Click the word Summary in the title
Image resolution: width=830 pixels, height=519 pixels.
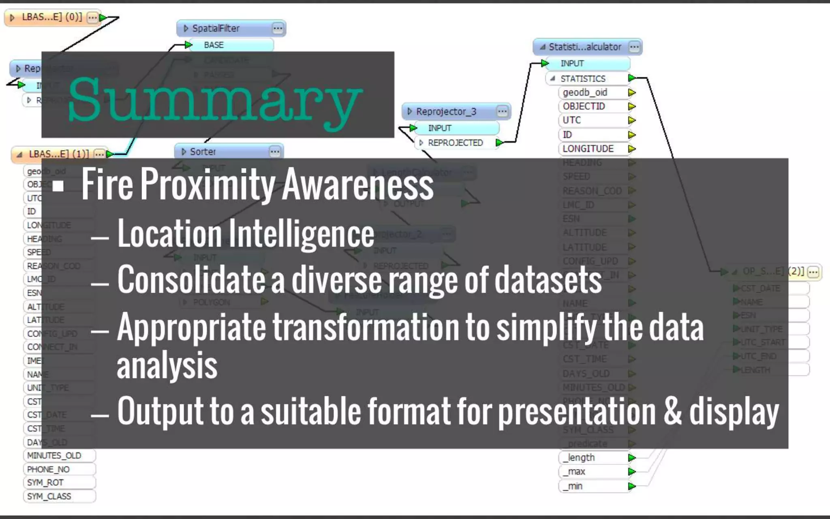[215, 99]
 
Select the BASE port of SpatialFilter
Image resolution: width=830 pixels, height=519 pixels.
[214, 45]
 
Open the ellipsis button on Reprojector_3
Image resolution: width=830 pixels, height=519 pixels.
[502, 112]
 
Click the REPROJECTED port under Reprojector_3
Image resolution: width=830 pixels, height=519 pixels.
[455, 143]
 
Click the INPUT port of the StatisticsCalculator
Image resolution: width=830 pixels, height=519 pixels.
[572, 63]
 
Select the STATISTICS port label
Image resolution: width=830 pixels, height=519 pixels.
[582, 79]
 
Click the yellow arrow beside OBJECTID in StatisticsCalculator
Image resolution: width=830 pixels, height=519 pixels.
[631, 106]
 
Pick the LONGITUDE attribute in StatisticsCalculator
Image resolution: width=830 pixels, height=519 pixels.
[588, 149]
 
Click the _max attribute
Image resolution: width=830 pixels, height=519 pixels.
[576, 472]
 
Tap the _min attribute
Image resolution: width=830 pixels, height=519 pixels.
[575, 486]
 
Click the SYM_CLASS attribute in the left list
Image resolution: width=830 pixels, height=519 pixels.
[49, 496]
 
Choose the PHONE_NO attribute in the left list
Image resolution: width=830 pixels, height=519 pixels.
[48, 469]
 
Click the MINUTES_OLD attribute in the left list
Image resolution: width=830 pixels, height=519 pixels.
[54, 455]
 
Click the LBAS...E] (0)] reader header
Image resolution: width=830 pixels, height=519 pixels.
[51, 17]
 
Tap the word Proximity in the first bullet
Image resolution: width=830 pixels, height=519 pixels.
[207, 184]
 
